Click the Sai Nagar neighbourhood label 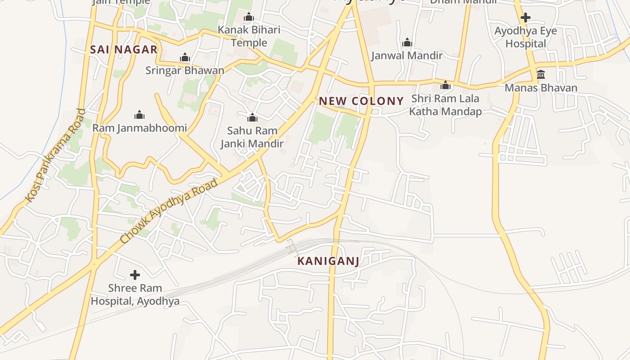pyautogui.click(x=124, y=49)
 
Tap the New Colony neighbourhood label pyautogui.click(x=361, y=101)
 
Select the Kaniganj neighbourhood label pyautogui.click(x=328, y=261)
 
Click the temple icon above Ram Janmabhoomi pyautogui.click(x=139, y=115)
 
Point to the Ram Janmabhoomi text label pyautogui.click(x=139, y=128)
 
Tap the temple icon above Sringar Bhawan pyautogui.click(x=184, y=58)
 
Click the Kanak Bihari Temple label pyautogui.click(x=249, y=36)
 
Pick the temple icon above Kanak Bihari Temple pyautogui.click(x=249, y=18)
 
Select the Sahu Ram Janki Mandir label pyautogui.click(x=252, y=137)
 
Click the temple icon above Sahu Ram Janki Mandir pyautogui.click(x=252, y=117)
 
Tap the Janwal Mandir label pyautogui.click(x=407, y=55)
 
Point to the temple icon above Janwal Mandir pyautogui.click(x=407, y=43)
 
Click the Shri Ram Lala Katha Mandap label pyautogui.click(x=445, y=105)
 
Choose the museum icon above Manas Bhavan pyautogui.click(x=541, y=74)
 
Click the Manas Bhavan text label pyautogui.click(x=541, y=88)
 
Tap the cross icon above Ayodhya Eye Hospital pyautogui.click(x=525, y=18)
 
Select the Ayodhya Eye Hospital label pyautogui.click(x=526, y=37)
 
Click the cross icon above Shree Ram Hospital pyautogui.click(x=135, y=275)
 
